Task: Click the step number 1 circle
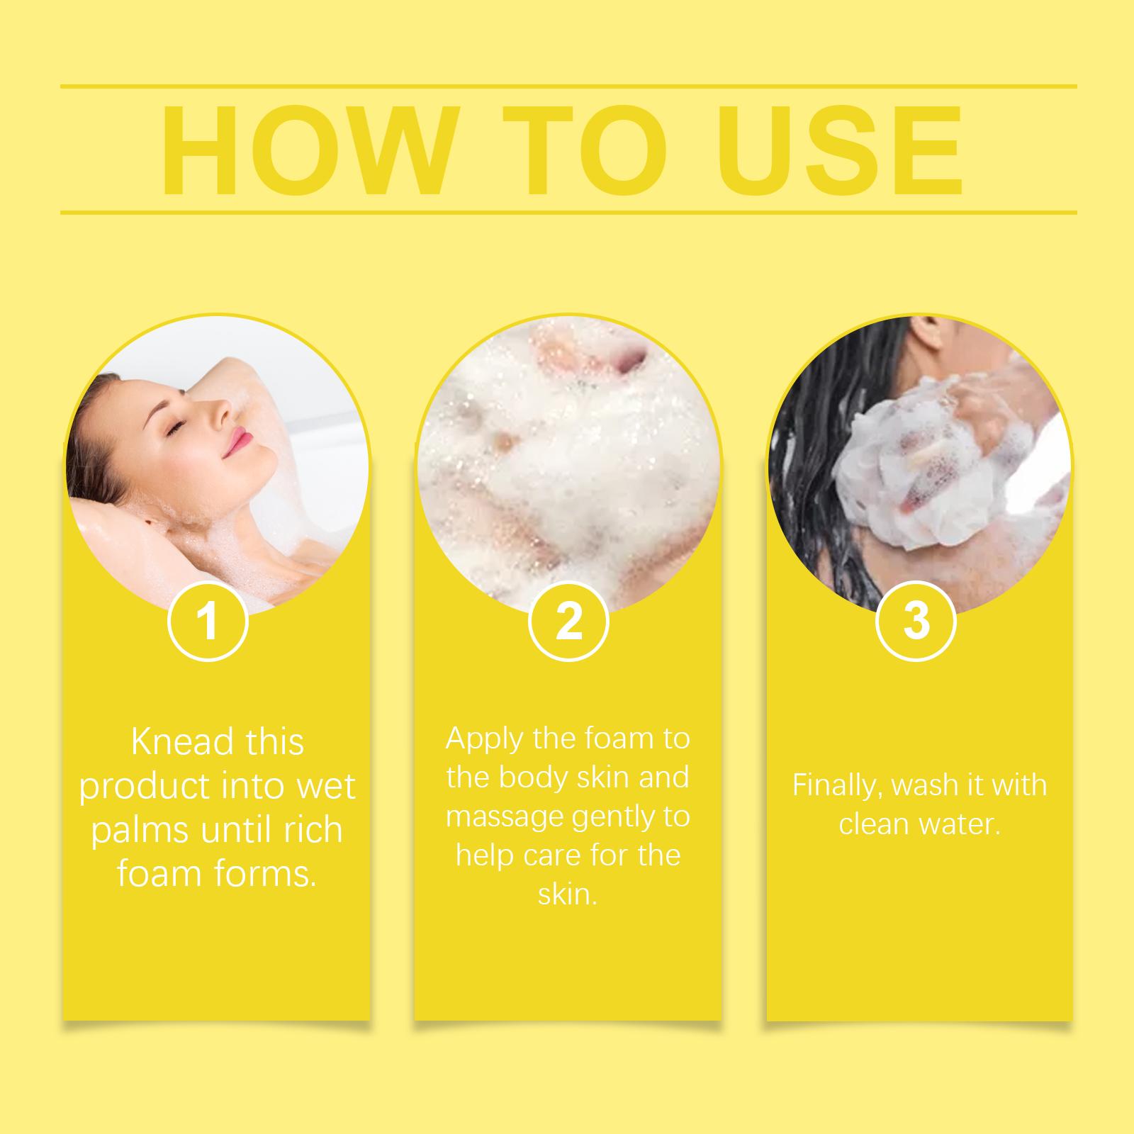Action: click(208, 621)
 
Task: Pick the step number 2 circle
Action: click(568, 621)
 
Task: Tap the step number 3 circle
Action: click(916, 621)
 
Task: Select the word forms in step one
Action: click(266, 873)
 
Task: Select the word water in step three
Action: click(962, 824)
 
